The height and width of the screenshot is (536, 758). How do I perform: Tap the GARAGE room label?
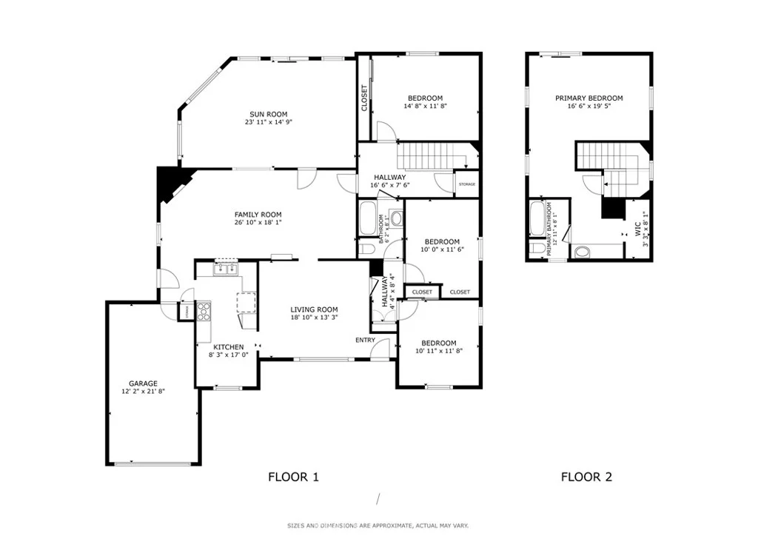click(143, 383)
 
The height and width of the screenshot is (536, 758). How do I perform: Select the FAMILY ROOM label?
click(258, 215)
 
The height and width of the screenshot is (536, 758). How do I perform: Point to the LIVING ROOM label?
click(314, 309)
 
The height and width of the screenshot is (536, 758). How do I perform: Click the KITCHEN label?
click(229, 347)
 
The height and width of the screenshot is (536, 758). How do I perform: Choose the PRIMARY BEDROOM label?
click(588, 98)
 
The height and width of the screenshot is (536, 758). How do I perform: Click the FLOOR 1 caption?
click(293, 477)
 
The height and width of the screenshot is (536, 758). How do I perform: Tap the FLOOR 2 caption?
click(586, 477)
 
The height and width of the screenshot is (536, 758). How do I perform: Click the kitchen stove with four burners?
click(204, 311)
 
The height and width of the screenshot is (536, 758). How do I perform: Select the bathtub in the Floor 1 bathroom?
click(369, 219)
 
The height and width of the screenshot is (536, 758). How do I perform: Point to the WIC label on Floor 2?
click(637, 227)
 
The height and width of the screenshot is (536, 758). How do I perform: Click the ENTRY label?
click(366, 341)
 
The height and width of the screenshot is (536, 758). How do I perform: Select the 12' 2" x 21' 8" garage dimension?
click(143, 392)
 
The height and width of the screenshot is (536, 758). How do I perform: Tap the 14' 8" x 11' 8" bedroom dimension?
click(425, 106)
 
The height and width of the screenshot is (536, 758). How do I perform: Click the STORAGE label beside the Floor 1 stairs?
click(467, 184)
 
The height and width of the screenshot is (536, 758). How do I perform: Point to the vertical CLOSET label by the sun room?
click(364, 98)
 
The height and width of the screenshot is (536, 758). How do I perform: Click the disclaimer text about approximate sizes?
click(378, 526)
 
